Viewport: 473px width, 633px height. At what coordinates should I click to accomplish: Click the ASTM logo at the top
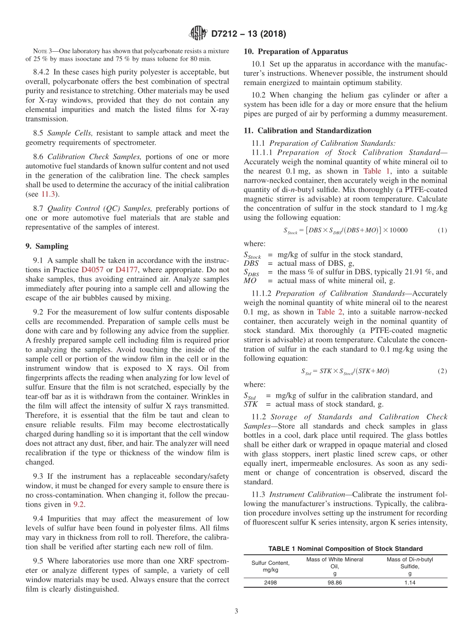coord(198,34)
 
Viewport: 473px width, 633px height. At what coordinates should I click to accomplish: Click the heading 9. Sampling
coord(47,246)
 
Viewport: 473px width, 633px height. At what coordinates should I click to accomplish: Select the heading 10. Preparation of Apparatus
coord(296,52)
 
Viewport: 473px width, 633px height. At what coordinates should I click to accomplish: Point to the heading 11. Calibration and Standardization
coord(307,131)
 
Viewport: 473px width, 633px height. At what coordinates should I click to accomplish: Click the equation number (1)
coord(442,230)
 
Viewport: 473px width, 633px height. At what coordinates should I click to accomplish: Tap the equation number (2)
coord(442,371)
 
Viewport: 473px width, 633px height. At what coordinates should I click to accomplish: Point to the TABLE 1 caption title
coord(345,548)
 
